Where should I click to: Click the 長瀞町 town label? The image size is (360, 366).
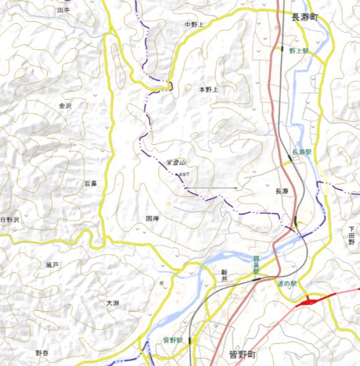point(305,18)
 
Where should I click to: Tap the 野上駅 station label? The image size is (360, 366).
point(299,51)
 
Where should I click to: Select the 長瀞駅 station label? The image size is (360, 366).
point(301,152)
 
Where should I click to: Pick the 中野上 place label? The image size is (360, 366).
point(194,24)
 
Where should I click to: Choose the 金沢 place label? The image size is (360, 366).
point(65,106)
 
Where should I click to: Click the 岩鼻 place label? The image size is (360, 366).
point(90,183)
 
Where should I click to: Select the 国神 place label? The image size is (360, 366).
point(153,218)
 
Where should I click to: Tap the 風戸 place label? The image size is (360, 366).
point(52,265)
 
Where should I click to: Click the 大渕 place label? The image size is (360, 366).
point(112,304)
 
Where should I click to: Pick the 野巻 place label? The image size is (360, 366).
point(42,353)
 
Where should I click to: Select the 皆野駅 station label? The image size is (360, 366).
point(173,340)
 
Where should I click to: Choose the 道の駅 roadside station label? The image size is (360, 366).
point(288,283)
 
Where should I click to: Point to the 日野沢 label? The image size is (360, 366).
point(10,220)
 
